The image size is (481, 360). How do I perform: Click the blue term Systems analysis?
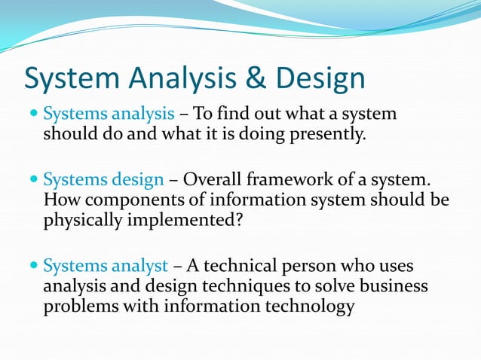(109, 115)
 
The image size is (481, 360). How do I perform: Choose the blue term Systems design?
(103, 181)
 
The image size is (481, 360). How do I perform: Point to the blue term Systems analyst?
(106, 266)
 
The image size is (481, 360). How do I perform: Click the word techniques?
(251, 286)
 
